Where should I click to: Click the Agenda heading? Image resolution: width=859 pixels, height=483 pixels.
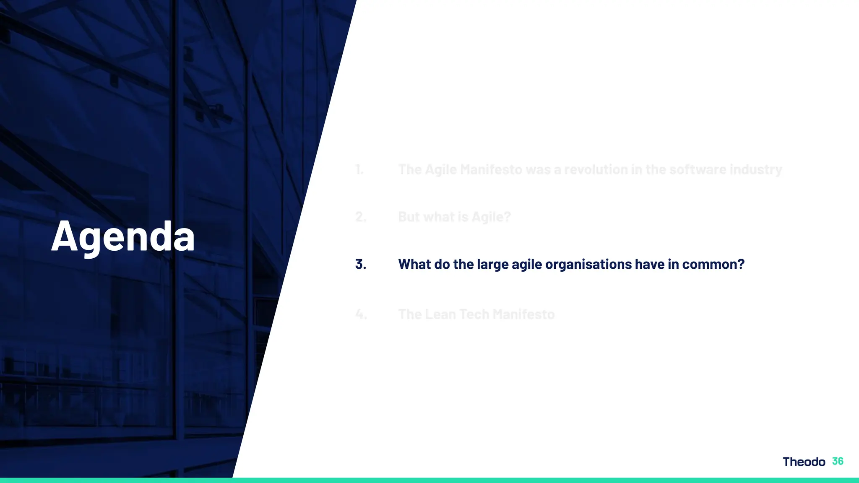coord(123,236)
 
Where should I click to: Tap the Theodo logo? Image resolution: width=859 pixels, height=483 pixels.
coord(804,462)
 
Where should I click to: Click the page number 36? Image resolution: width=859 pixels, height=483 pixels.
coord(838,461)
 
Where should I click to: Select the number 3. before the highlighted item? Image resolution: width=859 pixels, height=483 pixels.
coord(360,264)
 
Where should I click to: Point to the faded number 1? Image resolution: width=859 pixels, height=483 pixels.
coord(359,169)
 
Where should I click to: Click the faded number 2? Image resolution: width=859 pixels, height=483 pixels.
coord(360,217)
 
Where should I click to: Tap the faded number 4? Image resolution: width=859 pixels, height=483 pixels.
coord(361,314)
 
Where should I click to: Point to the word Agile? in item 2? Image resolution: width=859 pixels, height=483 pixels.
coord(491,217)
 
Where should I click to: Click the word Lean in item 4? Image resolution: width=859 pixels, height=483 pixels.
coord(440,314)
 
